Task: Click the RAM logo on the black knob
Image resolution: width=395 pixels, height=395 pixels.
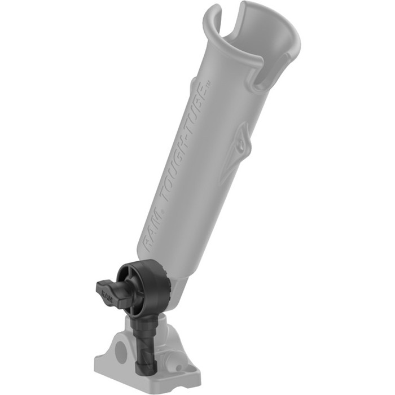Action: coord(107,293)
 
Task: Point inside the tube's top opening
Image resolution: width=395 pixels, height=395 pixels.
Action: coord(257,39)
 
